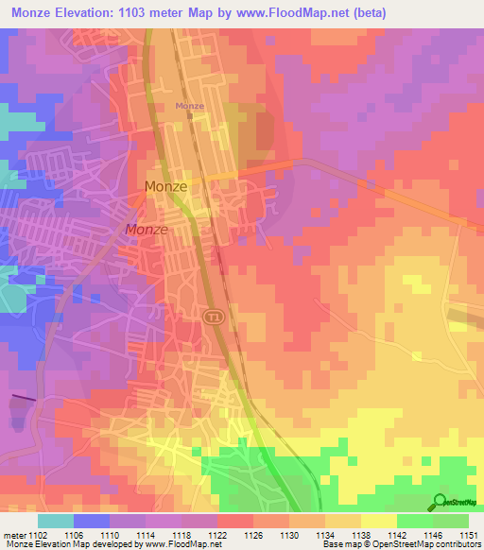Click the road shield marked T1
[214, 316]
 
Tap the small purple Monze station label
[189, 106]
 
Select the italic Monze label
[147, 230]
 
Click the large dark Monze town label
[165, 187]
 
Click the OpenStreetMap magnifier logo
[439, 502]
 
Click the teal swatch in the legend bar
[56, 521]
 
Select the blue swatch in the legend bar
[92, 521]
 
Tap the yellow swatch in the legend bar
[378, 521]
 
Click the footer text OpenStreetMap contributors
[430, 544]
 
